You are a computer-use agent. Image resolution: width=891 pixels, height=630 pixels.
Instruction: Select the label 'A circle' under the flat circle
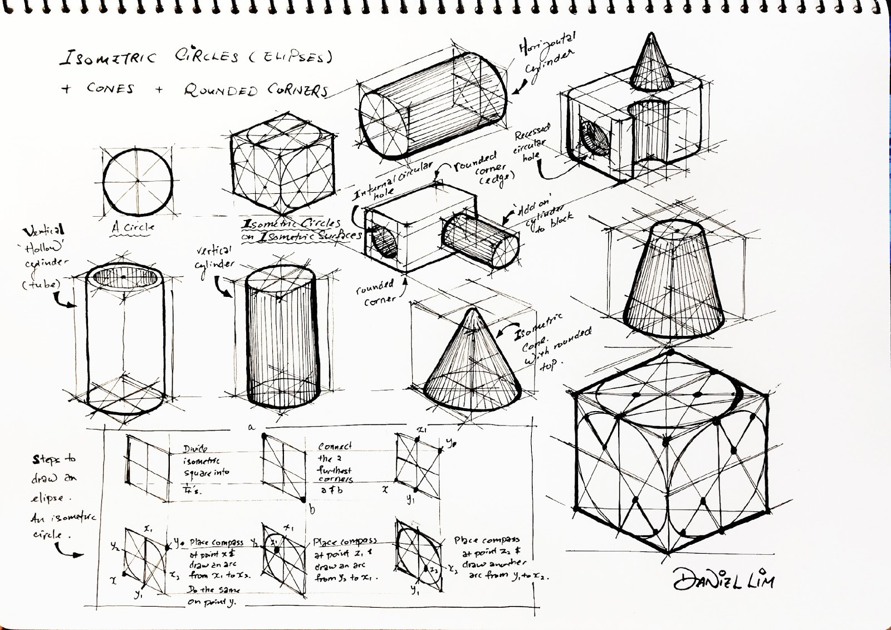(x=133, y=227)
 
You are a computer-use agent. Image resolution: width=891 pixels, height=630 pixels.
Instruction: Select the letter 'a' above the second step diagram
(x=251, y=427)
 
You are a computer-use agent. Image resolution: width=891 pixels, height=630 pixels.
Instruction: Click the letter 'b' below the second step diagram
(x=312, y=508)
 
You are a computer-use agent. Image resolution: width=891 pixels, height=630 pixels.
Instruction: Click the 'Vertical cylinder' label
(x=214, y=258)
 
